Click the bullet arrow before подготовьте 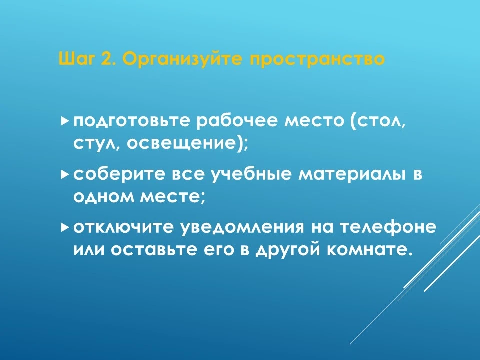coord(64,121)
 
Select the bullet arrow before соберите coord(64,175)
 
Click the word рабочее coord(237,121)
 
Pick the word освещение coord(183,144)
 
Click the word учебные coord(252,174)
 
